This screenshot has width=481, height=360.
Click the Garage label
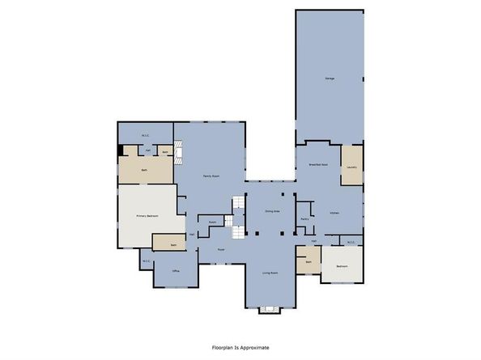coord(330,78)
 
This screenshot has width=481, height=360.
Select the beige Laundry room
coord(351,166)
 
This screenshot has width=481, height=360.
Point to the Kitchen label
coord(334,213)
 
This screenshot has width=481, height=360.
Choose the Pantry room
coord(305,218)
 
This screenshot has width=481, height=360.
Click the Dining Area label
coord(271,211)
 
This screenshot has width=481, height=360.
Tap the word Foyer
coord(220,249)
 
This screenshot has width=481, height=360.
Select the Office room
coord(176,273)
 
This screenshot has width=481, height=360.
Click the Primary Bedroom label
coord(147,216)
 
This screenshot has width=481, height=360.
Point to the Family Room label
coord(211,176)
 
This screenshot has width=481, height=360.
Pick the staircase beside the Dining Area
coord(237,218)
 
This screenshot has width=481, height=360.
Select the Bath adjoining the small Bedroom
coord(307,261)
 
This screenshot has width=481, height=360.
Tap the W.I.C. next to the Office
coord(147,260)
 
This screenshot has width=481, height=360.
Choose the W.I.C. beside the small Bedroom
coord(351,241)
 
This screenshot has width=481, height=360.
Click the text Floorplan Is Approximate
coord(240,347)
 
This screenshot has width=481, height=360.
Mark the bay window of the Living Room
coord(270,310)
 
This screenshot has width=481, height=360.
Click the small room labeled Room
coord(212,222)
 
